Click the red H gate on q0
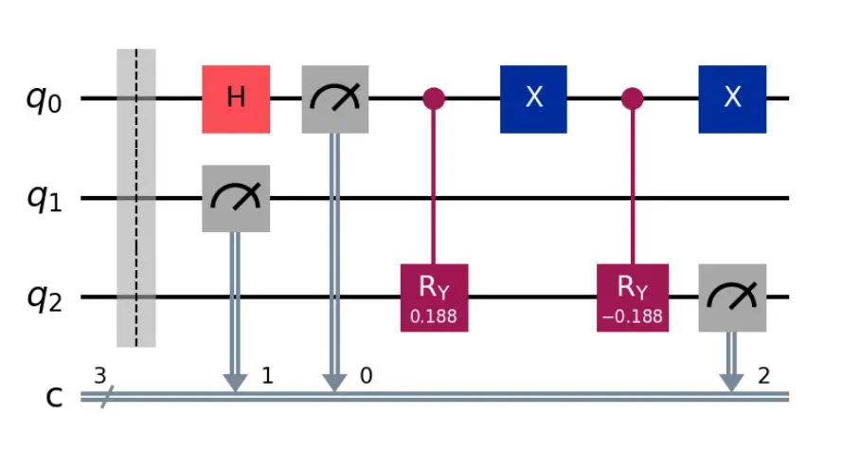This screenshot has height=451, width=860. pyautogui.click(x=235, y=99)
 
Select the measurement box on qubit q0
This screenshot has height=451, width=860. pyautogui.click(x=334, y=99)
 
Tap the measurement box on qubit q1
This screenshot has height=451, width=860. pyautogui.click(x=235, y=198)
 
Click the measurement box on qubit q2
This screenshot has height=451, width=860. pyautogui.click(x=731, y=298)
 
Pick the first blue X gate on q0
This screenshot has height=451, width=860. pyautogui.click(x=533, y=99)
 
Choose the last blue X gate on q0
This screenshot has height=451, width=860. pyautogui.click(x=731, y=99)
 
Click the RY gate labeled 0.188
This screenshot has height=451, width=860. pyautogui.click(x=434, y=298)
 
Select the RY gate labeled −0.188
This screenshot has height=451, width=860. pyautogui.click(x=632, y=298)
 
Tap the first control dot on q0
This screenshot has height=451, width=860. pyautogui.click(x=434, y=99)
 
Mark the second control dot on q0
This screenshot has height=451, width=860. pyautogui.click(x=632, y=99)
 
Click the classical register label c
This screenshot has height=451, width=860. pyautogui.click(x=55, y=398)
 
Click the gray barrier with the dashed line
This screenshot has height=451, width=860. pyautogui.click(x=135, y=198)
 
